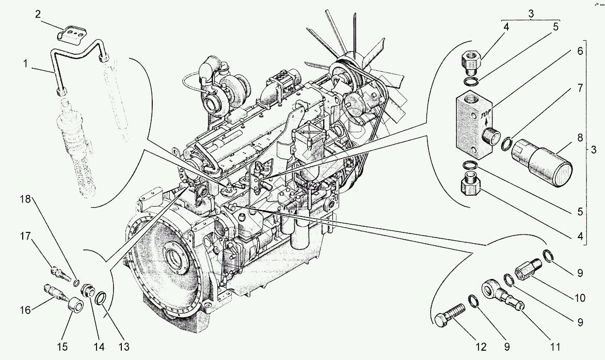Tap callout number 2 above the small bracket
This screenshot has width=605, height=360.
coord(38,14)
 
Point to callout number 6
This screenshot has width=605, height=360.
coord(579,51)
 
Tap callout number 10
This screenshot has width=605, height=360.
coord(580,298)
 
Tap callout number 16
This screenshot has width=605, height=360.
coord(25,309)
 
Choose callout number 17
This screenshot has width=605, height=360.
coord(25,236)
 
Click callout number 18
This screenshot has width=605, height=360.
coord(25,199)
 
